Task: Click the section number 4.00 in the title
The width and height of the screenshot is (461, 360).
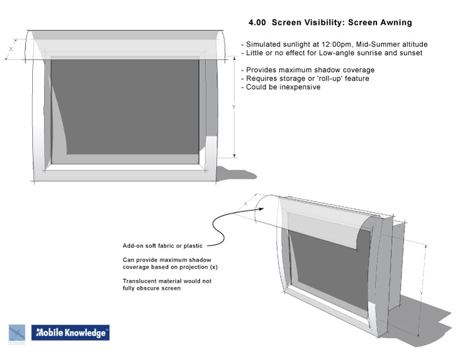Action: (258, 23)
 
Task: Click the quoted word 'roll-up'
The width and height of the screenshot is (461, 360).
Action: (319, 78)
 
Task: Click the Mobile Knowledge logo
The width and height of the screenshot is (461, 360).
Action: (70, 333)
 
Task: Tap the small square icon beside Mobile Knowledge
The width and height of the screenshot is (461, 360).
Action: (16, 333)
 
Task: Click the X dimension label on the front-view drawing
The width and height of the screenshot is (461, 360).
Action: (11, 49)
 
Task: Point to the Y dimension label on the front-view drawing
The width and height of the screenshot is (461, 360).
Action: (234, 107)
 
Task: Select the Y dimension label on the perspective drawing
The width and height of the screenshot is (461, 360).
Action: (421, 292)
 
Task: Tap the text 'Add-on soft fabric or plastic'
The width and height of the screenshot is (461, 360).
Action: (164, 246)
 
